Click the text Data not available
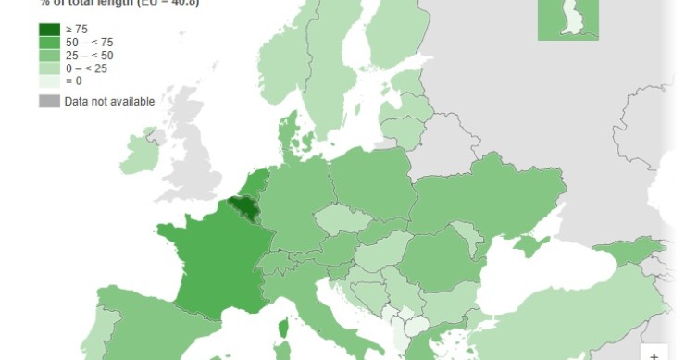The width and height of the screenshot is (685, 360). point(109,101)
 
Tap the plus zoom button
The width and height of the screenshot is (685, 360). point(654,354)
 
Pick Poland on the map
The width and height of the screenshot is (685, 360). point(370,180)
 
